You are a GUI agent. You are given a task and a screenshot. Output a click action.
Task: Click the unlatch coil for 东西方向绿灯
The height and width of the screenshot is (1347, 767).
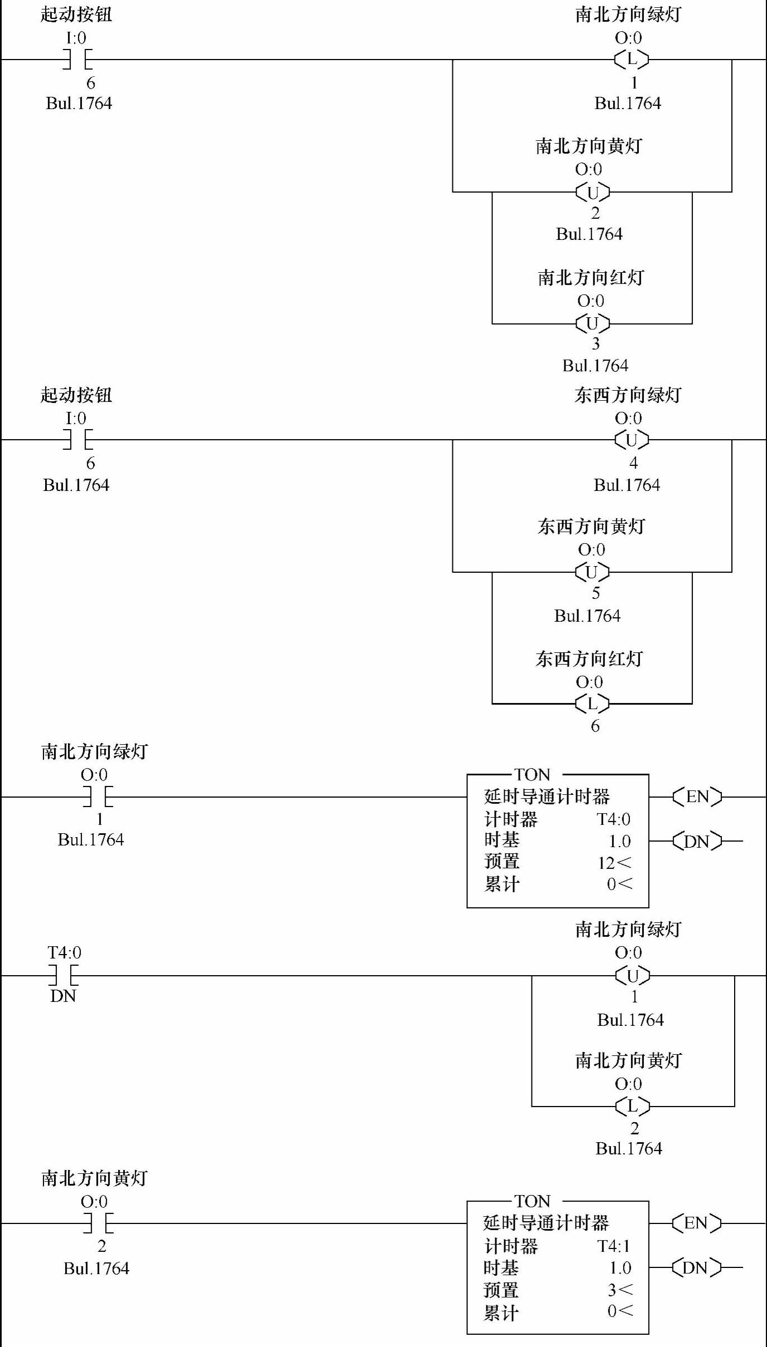click(x=632, y=440)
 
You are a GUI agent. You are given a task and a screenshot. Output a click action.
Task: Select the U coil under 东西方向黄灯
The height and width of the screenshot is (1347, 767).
click(x=592, y=572)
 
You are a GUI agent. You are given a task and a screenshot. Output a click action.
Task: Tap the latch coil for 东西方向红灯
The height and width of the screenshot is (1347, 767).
click(x=592, y=704)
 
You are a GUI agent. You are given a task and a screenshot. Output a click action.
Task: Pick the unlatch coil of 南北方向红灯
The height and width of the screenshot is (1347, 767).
click(x=592, y=323)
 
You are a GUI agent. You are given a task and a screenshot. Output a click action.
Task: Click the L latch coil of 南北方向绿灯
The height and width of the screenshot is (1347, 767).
click(x=632, y=58)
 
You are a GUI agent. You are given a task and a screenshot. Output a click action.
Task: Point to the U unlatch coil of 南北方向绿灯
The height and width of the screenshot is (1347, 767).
click(x=632, y=976)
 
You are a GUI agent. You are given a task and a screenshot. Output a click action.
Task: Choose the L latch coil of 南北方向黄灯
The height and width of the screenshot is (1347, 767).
click(x=632, y=1106)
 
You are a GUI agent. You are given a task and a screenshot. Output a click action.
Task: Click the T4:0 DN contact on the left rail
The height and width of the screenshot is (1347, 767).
click(x=63, y=976)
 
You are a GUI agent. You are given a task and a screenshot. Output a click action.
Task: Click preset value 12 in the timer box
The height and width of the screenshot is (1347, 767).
click(x=606, y=863)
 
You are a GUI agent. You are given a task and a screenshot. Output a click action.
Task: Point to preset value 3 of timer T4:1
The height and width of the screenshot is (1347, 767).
click(x=612, y=1290)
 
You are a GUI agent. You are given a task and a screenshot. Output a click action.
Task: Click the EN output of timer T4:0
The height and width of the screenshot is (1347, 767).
click(x=697, y=797)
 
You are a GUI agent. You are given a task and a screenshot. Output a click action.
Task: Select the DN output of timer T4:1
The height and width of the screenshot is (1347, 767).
click(x=696, y=1267)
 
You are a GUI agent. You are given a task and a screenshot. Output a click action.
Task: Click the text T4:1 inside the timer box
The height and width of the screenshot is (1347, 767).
click(x=614, y=1246)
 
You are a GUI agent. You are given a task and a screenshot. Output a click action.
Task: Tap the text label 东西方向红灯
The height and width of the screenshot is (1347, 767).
click(x=589, y=658)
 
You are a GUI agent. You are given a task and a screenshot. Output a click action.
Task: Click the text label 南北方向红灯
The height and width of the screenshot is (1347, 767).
click(x=591, y=277)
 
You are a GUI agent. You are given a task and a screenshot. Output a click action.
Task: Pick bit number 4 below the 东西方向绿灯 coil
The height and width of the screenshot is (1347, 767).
click(x=633, y=463)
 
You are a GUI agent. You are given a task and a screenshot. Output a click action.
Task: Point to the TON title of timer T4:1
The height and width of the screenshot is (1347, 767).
click(x=532, y=1201)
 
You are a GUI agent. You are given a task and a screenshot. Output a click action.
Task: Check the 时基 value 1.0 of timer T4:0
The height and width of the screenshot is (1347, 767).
click(x=620, y=841)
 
